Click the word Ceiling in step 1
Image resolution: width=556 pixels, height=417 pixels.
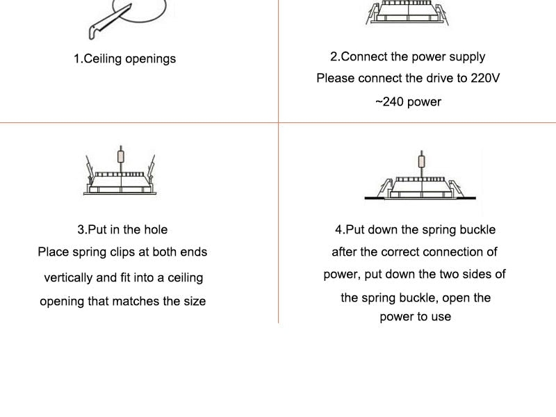(x=102, y=58)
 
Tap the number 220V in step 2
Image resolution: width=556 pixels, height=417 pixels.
(x=485, y=78)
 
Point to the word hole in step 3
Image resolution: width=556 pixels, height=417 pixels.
(x=156, y=229)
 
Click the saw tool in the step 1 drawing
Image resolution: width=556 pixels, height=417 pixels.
(x=110, y=22)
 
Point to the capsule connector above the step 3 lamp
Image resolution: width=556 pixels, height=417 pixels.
(x=121, y=156)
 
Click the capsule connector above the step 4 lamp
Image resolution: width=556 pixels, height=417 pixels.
(x=422, y=161)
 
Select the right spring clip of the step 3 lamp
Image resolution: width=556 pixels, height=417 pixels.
(x=152, y=170)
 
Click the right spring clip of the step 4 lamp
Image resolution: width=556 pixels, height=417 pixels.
(x=456, y=188)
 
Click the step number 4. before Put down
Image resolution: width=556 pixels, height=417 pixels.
(x=341, y=229)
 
